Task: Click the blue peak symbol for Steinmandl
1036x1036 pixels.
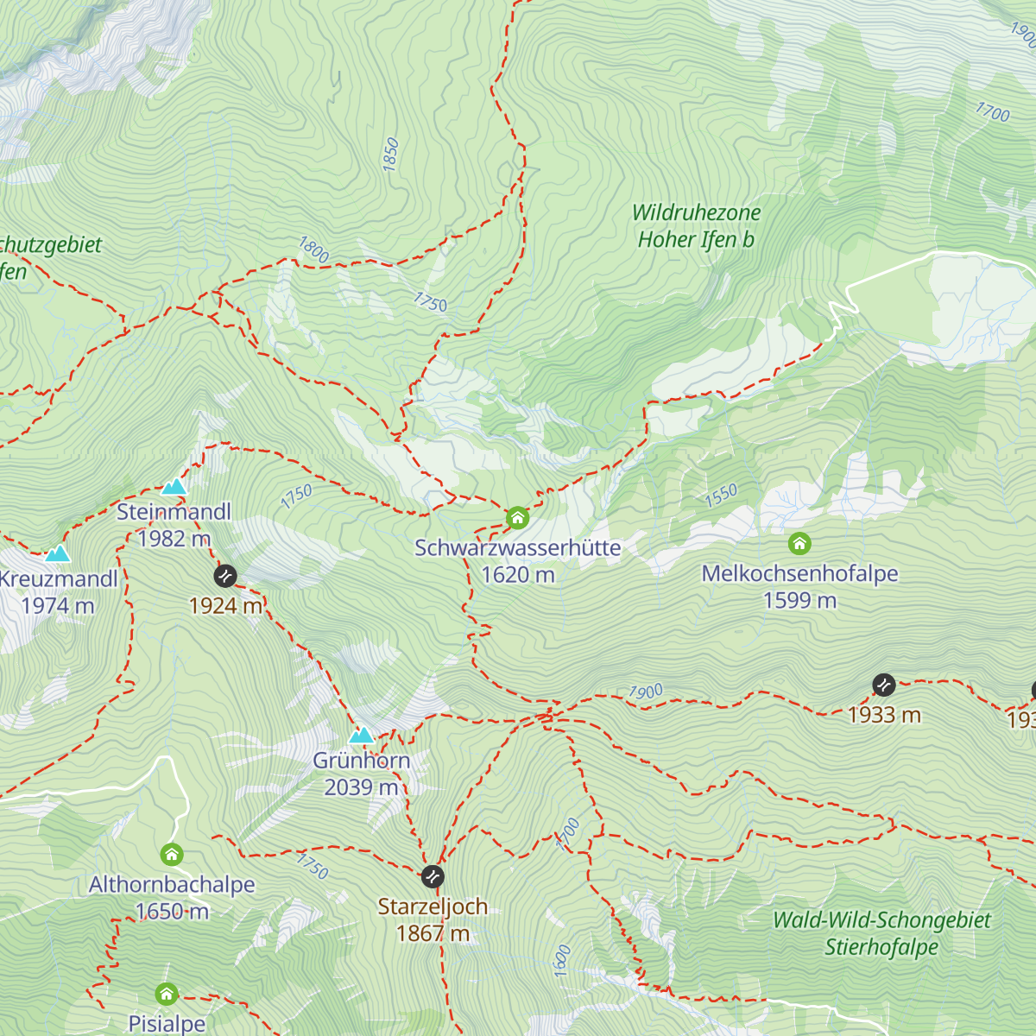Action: click(x=174, y=486)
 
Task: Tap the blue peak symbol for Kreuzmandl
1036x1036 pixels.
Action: click(x=58, y=553)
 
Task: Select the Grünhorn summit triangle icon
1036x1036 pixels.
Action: click(x=362, y=736)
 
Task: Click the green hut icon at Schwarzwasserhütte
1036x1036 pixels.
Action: click(x=517, y=518)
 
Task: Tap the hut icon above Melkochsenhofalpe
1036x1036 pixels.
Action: click(x=799, y=544)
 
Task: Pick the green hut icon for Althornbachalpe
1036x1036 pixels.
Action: click(x=172, y=856)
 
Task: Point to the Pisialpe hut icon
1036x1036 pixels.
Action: click(x=167, y=995)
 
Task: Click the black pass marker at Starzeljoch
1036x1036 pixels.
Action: click(x=433, y=877)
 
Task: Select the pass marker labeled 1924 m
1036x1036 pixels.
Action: click(x=225, y=576)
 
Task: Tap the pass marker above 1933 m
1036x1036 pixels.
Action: click(x=884, y=685)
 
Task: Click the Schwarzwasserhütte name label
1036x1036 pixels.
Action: click(x=517, y=548)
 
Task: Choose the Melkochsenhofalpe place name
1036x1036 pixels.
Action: click(x=799, y=574)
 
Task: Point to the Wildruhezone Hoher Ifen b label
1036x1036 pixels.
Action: click(x=696, y=226)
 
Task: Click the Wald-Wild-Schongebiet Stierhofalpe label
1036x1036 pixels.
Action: click(x=881, y=933)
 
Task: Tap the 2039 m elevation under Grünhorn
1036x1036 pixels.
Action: click(x=361, y=787)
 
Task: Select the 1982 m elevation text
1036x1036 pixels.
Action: click(x=174, y=539)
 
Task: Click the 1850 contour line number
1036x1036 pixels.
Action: click(x=391, y=154)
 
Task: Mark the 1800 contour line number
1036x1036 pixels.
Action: click(x=314, y=250)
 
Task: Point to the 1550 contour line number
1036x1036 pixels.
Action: click(x=721, y=495)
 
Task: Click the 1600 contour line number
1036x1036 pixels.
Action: click(x=562, y=961)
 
